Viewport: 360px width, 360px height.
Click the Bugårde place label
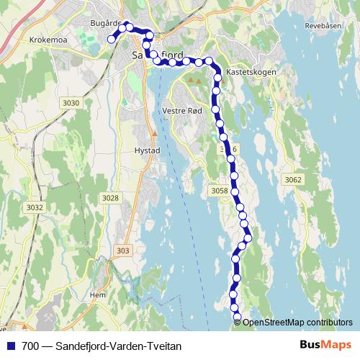104,23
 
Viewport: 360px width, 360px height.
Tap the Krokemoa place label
49,40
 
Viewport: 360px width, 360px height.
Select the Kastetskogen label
247,73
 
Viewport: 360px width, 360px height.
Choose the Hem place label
97,294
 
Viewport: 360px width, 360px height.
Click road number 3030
71,103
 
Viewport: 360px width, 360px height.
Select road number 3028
110,197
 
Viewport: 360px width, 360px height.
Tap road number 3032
35,207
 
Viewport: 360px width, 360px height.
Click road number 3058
220,190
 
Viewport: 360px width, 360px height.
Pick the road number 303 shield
123,251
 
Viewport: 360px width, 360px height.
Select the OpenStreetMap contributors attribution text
297,322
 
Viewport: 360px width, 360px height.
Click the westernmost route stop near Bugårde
112,40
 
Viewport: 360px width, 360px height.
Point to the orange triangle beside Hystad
154,134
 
